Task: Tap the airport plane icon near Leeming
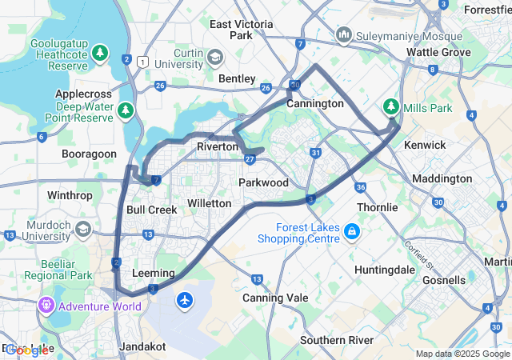186,300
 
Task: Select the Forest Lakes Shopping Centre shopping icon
351,233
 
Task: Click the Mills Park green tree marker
391,106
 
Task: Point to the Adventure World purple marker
46,306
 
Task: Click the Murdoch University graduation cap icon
82,230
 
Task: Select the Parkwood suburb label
263,182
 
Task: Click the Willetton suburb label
209,203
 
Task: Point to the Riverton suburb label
217,146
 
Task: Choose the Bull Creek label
151,210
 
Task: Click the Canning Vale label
274,298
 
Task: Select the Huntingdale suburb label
384,270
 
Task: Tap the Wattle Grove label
438,52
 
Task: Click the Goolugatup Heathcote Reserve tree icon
99,54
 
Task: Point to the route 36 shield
361,186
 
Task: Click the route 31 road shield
316,153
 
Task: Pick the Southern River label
337,340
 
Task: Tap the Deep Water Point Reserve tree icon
125,109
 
